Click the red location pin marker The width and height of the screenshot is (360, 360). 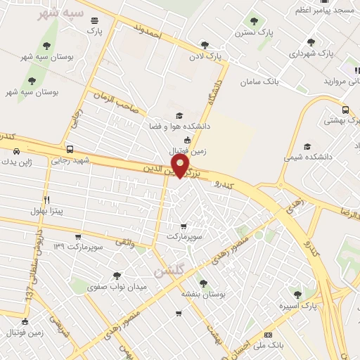point(181,166)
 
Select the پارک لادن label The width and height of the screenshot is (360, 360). point(208,54)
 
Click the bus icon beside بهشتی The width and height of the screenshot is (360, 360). point(345,110)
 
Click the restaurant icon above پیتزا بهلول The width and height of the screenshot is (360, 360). point(47,200)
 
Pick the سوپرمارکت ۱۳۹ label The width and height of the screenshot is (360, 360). point(78,247)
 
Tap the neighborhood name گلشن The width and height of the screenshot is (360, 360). point(169,271)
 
